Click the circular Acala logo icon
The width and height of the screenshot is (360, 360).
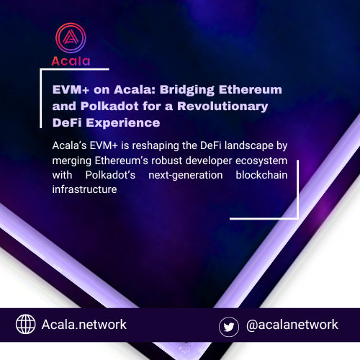coord(70,39)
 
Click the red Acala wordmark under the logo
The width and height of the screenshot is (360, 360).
coord(70,60)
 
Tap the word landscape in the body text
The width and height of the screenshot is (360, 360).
coord(252,146)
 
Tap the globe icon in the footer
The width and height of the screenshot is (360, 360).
coord(26,325)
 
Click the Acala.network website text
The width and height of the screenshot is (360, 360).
coord(85,325)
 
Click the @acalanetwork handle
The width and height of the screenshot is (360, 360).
coord(292,325)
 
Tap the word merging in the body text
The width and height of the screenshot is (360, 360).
coord(76,161)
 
